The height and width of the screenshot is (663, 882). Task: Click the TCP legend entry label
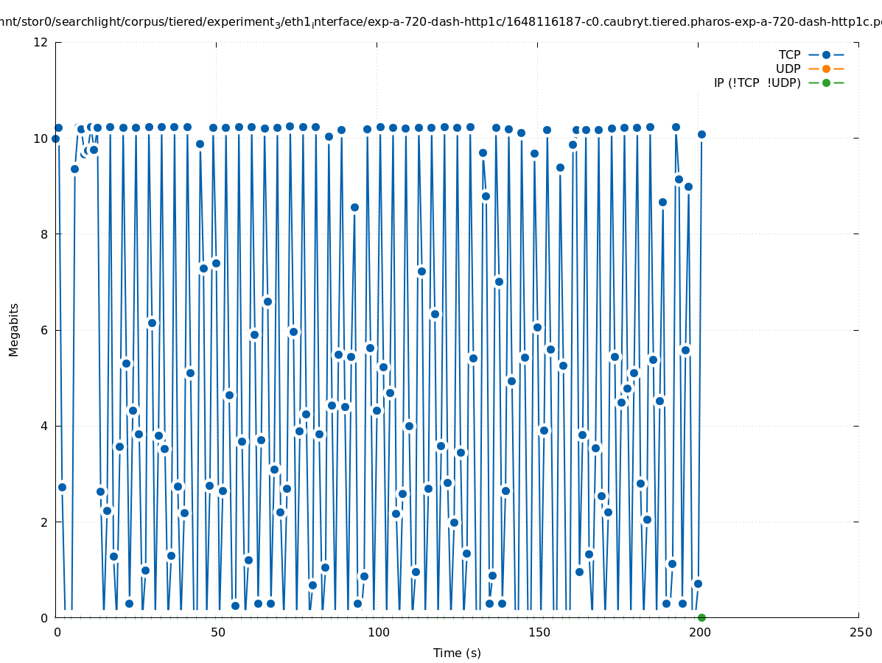click(x=789, y=55)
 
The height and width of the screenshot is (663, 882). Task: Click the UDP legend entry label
click(x=788, y=69)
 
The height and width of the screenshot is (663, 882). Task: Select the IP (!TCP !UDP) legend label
click(x=757, y=83)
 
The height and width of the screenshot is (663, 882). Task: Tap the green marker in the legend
click(x=826, y=83)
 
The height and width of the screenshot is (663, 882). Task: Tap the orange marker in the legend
click(x=826, y=69)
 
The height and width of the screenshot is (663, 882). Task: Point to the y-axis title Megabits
click(x=14, y=329)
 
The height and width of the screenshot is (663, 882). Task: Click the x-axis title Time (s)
click(x=457, y=653)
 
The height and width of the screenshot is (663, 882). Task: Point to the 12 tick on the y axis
click(x=41, y=42)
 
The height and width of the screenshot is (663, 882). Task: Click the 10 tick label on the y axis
click(x=41, y=138)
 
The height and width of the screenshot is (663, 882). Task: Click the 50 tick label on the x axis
click(x=217, y=632)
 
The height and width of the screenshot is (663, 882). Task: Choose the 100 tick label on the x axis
click(x=378, y=632)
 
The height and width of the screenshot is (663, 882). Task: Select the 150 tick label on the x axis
click(x=539, y=632)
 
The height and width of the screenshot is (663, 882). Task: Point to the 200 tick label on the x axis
click(x=699, y=632)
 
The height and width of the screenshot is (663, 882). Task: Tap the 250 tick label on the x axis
click(x=860, y=632)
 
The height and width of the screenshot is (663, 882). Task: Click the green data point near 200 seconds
click(x=701, y=617)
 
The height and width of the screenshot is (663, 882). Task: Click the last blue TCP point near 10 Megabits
click(x=701, y=134)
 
